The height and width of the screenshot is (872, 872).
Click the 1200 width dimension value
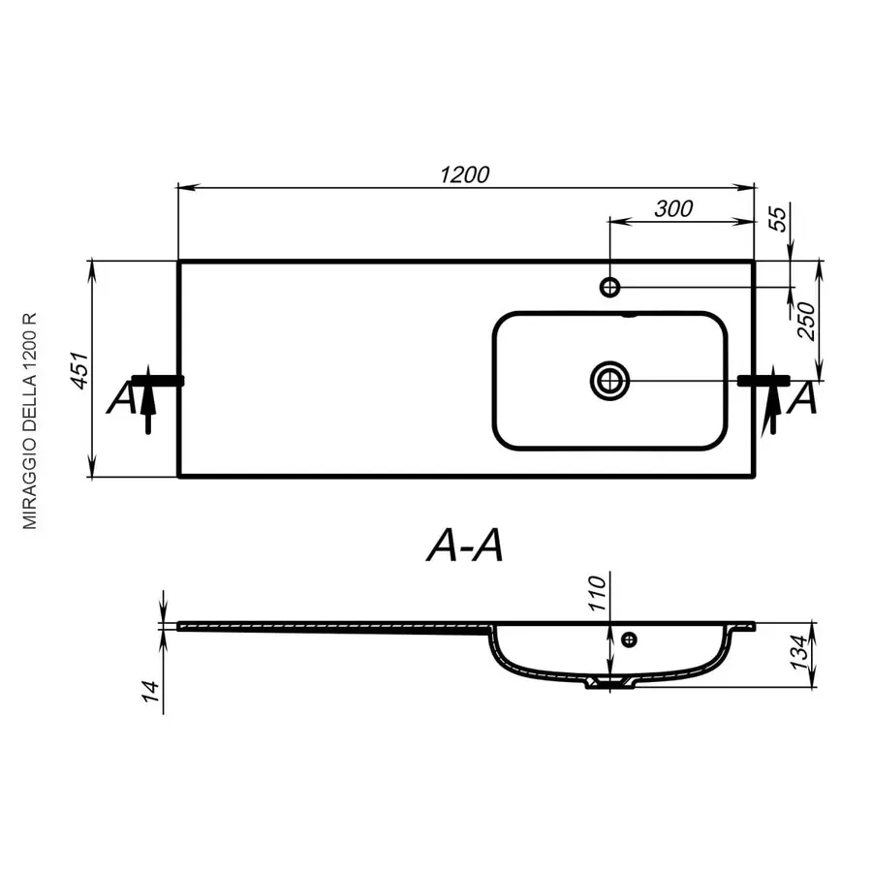tap(464, 175)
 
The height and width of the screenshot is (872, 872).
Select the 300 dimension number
tap(673, 209)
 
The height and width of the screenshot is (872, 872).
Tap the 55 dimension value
tap(778, 218)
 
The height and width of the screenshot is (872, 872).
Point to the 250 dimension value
tap(806, 321)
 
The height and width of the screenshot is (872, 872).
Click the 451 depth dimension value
tap(78, 370)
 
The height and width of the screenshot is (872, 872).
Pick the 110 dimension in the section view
tap(597, 593)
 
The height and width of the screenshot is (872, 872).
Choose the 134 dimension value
tap(798, 652)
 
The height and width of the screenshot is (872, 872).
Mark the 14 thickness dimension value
tap(151, 691)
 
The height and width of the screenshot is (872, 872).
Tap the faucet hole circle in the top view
tap(610, 288)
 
